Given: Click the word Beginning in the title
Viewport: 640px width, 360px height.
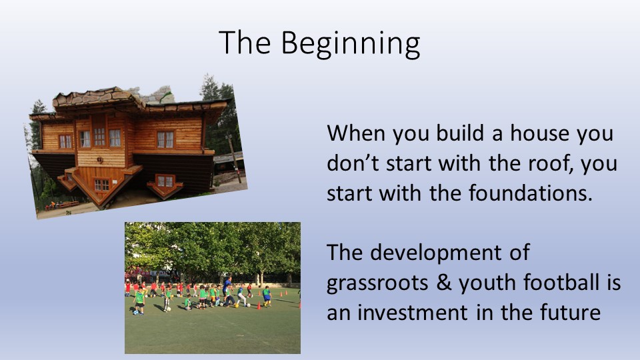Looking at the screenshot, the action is coord(350,44).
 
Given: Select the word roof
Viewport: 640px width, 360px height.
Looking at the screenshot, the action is coord(551,163).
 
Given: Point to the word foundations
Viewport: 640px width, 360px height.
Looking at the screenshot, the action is coord(530,193).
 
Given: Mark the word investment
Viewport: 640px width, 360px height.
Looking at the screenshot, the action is coord(412,313).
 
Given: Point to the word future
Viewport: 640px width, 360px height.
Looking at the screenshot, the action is coord(570,313).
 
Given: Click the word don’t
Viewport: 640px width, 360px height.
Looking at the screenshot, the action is coord(353,163).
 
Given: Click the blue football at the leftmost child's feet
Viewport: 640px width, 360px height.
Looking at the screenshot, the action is coord(135,313).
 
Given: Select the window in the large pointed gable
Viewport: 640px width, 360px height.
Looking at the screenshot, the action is coord(101,185).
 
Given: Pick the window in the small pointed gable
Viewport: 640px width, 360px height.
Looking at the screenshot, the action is coord(166,181).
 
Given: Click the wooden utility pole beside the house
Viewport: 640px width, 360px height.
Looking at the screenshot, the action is coord(234,159).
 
